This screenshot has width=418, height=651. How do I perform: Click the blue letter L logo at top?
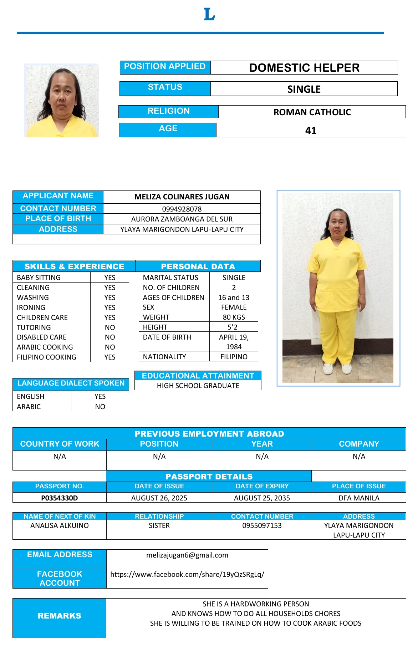(x=209, y=15)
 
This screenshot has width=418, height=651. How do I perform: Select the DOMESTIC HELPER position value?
(x=304, y=68)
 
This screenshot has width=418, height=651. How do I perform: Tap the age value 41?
(x=311, y=131)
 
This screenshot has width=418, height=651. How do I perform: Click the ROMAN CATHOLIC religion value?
(x=312, y=112)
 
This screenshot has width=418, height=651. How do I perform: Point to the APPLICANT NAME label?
(x=58, y=196)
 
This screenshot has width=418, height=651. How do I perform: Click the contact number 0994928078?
(x=182, y=209)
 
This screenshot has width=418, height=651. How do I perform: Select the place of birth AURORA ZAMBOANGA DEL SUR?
(x=182, y=219)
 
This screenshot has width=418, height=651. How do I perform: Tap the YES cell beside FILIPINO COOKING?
(x=110, y=357)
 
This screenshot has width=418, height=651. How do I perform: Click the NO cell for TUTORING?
(x=110, y=327)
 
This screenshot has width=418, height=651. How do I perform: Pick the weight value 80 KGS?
(x=234, y=317)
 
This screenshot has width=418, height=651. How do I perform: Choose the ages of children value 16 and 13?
(x=234, y=297)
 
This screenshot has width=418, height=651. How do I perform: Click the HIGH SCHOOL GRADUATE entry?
(x=198, y=386)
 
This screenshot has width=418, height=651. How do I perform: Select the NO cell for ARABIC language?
(x=100, y=407)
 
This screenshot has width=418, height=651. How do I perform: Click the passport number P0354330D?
(x=60, y=498)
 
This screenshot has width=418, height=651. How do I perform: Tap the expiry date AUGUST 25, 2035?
(x=262, y=498)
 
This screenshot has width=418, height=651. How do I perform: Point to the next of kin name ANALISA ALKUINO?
(x=60, y=525)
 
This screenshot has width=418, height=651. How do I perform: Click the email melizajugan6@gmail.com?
(x=187, y=555)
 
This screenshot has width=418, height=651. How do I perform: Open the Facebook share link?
(x=187, y=574)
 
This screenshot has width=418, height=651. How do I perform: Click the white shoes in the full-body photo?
(x=337, y=368)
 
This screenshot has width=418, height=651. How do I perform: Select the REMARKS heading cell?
(x=60, y=616)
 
